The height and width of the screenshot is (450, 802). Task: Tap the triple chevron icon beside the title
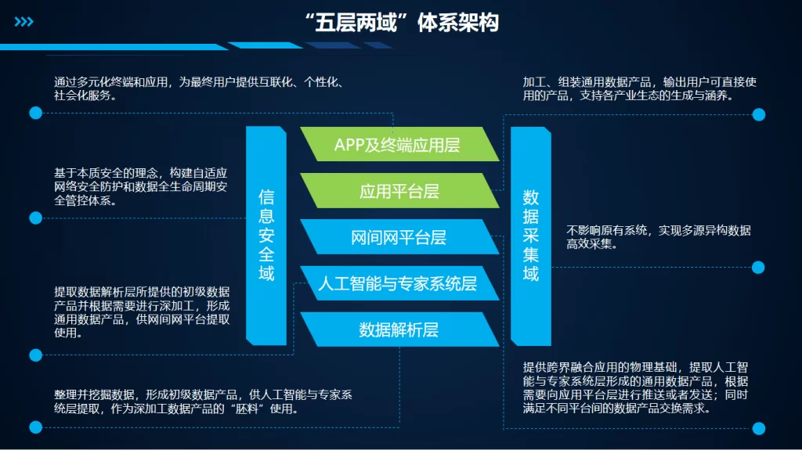(x=24, y=22)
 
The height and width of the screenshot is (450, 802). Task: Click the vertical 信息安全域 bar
(x=266, y=235)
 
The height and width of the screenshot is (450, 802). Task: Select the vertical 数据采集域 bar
(x=531, y=235)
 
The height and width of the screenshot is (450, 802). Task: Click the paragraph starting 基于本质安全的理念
(x=141, y=186)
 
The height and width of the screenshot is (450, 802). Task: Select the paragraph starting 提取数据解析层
(x=141, y=311)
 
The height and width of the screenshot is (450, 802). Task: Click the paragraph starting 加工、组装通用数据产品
(x=638, y=88)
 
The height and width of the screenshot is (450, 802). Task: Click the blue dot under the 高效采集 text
(x=758, y=267)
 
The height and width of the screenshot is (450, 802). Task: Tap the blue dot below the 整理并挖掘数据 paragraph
(x=35, y=427)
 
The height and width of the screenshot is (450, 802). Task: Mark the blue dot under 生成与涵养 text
(x=758, y=114)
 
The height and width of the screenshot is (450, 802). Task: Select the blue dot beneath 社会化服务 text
(x=35, y=113)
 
